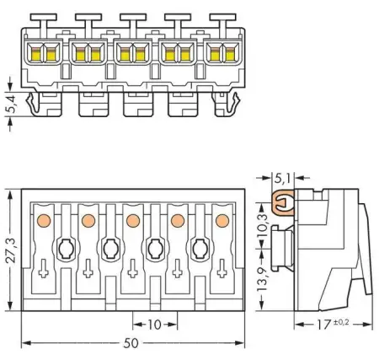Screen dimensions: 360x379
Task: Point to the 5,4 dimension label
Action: (9, 105)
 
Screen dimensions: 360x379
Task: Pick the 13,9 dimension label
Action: (262, 277)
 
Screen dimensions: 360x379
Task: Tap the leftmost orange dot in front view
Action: (42, 221)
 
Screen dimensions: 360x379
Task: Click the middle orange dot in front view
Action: (132, 221)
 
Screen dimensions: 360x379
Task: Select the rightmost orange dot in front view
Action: (222, 221)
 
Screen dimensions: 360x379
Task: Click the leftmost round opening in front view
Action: (65, 249)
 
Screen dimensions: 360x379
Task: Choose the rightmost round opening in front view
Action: (200, 249)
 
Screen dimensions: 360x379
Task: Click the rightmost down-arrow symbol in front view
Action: (222, 271)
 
